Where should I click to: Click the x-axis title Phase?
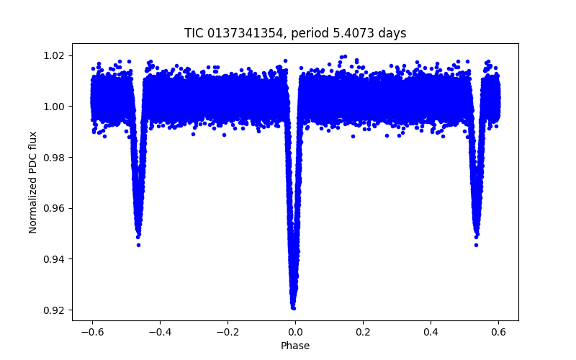[x=295, y=346]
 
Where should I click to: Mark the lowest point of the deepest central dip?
[x=294, y=308]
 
